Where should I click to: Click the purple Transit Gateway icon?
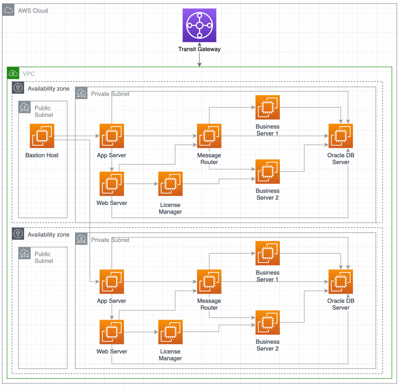[x=199, y=25]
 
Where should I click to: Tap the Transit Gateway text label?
[x=199, y=49]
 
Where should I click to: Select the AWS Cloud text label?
[x=33, y=10]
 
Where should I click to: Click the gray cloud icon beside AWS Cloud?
[x=8, y=10]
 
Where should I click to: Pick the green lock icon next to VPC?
[x=13, y=73]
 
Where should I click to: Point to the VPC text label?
[x=29, y=73]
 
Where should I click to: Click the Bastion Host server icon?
[x=42, y=136]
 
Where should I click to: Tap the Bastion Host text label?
[x=42, y=155]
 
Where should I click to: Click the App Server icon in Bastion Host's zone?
[x=112, y=136]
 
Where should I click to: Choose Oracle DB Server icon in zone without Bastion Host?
[x=340, y=282]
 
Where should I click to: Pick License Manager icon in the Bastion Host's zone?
[x=170, y=184]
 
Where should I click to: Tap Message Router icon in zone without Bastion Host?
[x=209, y=282]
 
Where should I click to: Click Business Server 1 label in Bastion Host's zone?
[x=267, y=130]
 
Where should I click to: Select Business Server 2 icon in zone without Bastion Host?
[x=267, y=322]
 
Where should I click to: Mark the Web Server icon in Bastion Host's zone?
[x=112, y=184]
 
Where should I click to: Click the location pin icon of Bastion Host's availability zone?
[x=17, y=88]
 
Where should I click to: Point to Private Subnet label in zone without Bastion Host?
[x=110, y=240]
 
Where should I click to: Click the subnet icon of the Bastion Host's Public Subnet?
[x=25, y=107]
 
